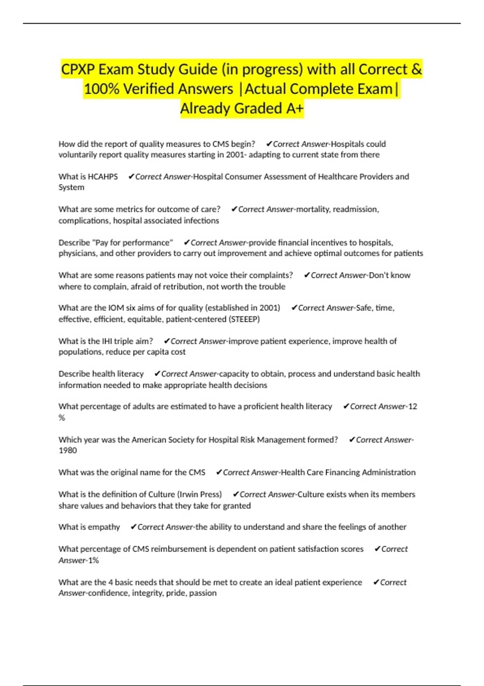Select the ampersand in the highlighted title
tap(416, 69)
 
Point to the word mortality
tap(313, 209)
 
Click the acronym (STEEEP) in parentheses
tap(244, 319)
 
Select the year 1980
tap(68, 450)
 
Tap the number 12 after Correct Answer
tap(413, 406)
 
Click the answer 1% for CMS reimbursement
tap(94, 560)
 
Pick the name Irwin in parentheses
tap(191, 494)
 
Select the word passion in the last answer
tap(203, 593)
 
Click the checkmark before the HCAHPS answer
tap(131, 177)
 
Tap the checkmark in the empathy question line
tap(134, 527)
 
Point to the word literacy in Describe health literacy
tap(130, 374)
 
